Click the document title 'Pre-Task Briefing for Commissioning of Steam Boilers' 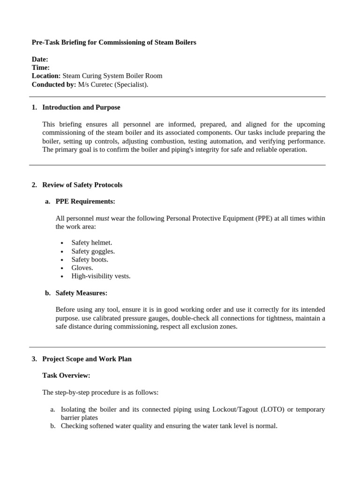pos(114,43)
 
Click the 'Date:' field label pos(40,60)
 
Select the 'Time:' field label pos(41,67)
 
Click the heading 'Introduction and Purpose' pos(81,107)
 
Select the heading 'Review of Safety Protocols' pos(82,185)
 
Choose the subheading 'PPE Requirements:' pos(85,202)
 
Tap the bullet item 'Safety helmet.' pos(92,243)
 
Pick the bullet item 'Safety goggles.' pos(93,251)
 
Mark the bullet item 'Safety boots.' pos(90,260)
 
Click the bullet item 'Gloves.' pos(82,268)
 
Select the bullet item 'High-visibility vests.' pos(101,276)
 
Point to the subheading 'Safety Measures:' pos(81,293)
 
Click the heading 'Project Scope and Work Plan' pos(87,359)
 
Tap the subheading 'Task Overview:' pos(66,375)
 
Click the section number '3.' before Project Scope pos(34,359)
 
